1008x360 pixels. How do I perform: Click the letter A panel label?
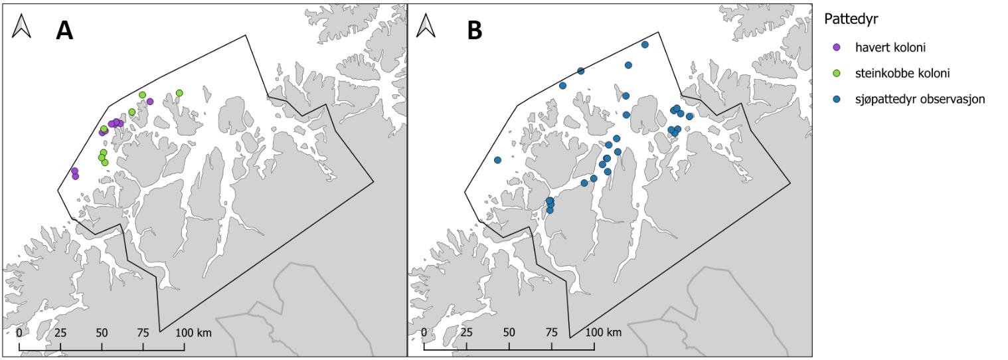[64, 30]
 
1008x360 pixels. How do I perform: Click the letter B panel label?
[474, 30]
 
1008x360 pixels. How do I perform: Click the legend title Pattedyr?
[851, 20]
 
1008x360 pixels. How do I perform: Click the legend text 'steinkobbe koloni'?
[898, 73]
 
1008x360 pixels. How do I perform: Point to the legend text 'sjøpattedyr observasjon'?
[920, 99]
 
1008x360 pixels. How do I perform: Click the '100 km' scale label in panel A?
[193, 332]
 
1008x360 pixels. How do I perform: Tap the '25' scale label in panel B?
[466, 332]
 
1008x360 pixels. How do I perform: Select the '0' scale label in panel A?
[19, 332]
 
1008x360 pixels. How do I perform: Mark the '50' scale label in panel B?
[509, 332]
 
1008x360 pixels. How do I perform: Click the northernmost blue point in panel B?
[645, 45]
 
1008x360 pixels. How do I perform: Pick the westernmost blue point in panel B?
[497, 160]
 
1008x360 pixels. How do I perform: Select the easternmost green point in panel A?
[179, 93]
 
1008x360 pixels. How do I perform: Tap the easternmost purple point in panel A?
[150, 102]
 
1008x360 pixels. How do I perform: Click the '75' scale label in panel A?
[143, 332]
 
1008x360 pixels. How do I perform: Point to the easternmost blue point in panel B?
[689, 116]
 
